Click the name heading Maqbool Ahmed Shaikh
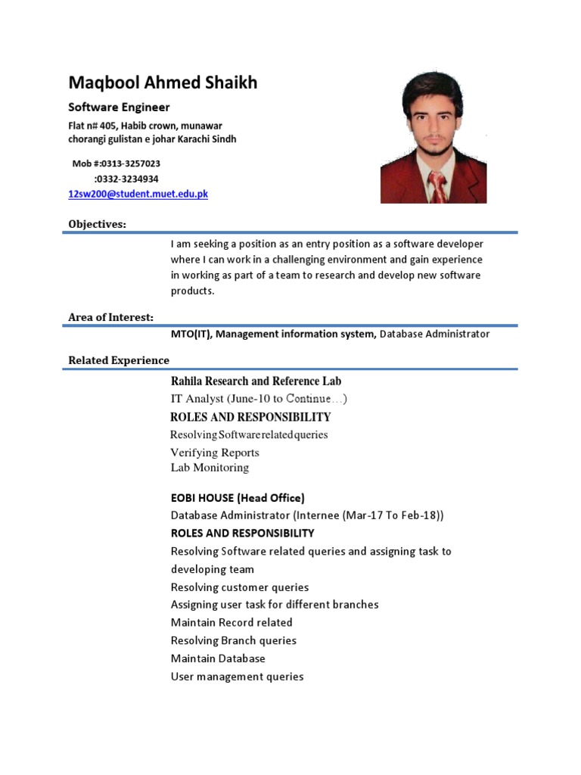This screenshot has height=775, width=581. [x=163, y=82]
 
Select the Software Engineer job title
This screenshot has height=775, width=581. [x=119, y=107]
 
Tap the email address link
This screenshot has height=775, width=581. [x=138, y=195]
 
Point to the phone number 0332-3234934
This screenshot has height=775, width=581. [x=126, y=179]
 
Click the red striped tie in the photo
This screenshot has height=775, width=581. [x=437, y=187]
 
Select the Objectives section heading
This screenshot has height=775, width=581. [x=98, y=224]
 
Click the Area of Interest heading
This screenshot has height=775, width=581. [x=110, y=317]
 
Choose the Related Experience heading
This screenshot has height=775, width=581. [x=119, y=360]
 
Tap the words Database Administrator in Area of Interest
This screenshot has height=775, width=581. [x=434, y=334]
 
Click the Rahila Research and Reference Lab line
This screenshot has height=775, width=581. [x=256, y=381]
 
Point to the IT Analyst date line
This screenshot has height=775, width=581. [x=259, y=399]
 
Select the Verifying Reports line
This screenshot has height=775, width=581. [x=215, y=453]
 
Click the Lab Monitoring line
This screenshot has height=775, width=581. [x=210, y=468]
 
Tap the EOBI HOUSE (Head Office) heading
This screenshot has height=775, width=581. [x=238, y=498]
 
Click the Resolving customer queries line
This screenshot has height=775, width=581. [x=240, y=587]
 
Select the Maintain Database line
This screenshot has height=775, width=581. [x=218, y=658]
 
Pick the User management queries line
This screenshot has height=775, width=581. [x=237, y=677]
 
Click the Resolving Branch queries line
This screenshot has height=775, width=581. [x=233, y=640]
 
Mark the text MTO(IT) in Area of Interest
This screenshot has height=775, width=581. [x=191, y=334]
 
